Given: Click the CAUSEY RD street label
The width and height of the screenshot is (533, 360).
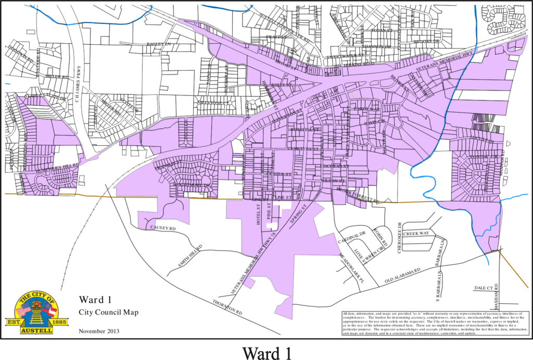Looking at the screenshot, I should (163, 228).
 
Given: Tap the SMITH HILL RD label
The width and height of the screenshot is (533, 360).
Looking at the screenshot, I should (190, 255).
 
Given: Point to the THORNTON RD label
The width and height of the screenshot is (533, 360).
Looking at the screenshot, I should (228, 306).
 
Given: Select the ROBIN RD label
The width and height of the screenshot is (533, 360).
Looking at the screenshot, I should (382, 237).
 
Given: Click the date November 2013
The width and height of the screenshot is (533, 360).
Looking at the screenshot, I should (99, 331).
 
